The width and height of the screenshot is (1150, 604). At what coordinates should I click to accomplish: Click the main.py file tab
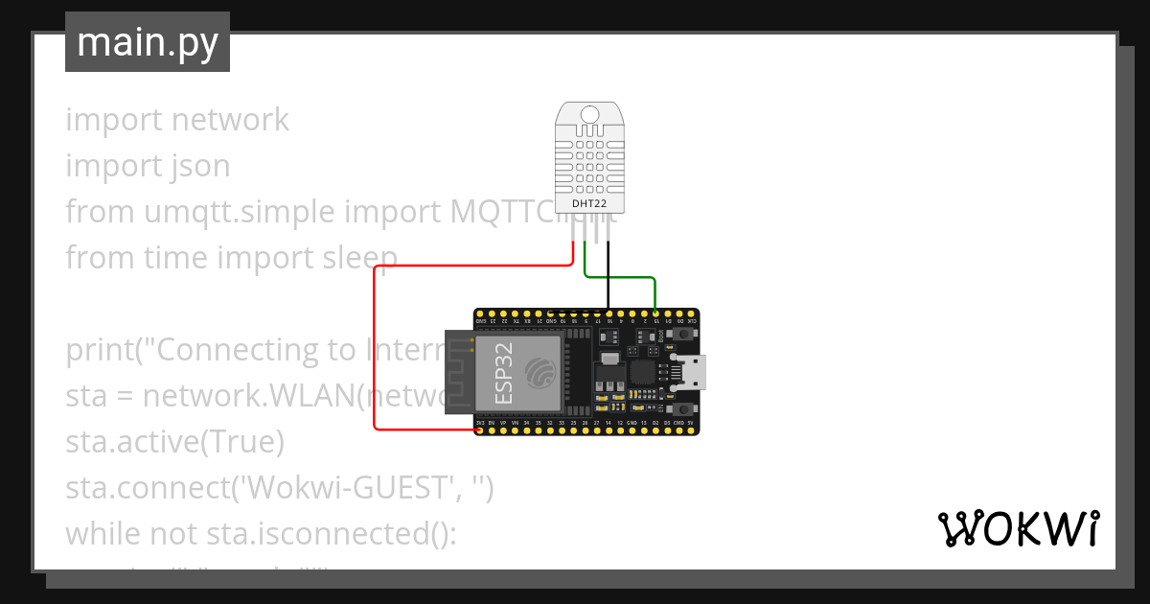(147, 42)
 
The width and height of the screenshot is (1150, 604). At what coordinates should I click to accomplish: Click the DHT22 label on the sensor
(588, 203)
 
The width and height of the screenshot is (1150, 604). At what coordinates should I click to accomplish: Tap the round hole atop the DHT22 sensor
(589, 115)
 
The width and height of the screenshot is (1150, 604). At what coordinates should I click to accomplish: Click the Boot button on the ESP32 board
(683, 335)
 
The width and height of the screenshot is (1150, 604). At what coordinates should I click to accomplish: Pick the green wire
(632, 277)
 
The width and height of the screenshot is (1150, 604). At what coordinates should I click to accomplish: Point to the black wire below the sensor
(608, 278)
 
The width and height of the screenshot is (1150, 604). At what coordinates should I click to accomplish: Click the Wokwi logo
(1018, 528)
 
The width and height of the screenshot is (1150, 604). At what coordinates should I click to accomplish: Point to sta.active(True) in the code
(174, 442)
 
